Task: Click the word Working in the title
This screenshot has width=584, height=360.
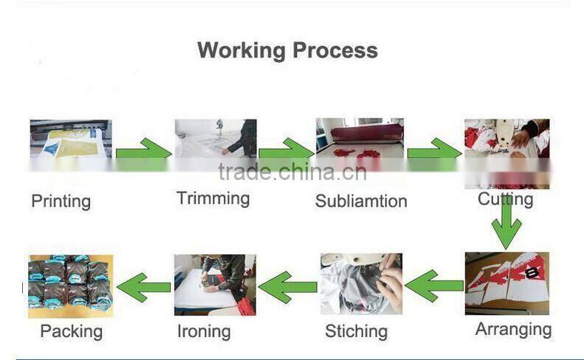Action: pos(241,51)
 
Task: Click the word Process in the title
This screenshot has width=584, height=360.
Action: pos(335,50)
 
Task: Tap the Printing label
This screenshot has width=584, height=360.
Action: pos(61,202)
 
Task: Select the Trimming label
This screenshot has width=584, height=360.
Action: pos(213,198)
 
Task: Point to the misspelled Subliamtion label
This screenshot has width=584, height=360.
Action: pos(361,201)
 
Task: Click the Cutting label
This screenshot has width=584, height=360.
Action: pos(506,199)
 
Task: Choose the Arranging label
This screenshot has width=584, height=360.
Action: pos(513,330)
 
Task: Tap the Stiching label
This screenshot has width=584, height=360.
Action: pos(356,331)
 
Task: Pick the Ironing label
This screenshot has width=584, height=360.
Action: pos(204,332)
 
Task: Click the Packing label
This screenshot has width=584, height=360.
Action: pos(71,331)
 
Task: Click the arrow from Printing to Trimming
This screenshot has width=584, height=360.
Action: pos(143,149)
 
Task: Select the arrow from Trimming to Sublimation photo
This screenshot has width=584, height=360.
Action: pos(286,149)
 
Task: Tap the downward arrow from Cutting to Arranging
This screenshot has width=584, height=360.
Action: pos(506,225)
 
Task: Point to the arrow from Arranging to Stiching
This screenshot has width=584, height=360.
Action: pos(434,285)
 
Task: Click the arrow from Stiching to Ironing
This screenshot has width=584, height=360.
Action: pos(287,287)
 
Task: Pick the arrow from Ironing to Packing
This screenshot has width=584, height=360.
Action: pos(144,287)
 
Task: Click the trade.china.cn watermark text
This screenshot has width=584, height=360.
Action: pos(292,172)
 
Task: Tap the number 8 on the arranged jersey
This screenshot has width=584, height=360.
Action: pos(532,273)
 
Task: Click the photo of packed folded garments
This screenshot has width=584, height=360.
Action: pos(70,285)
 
